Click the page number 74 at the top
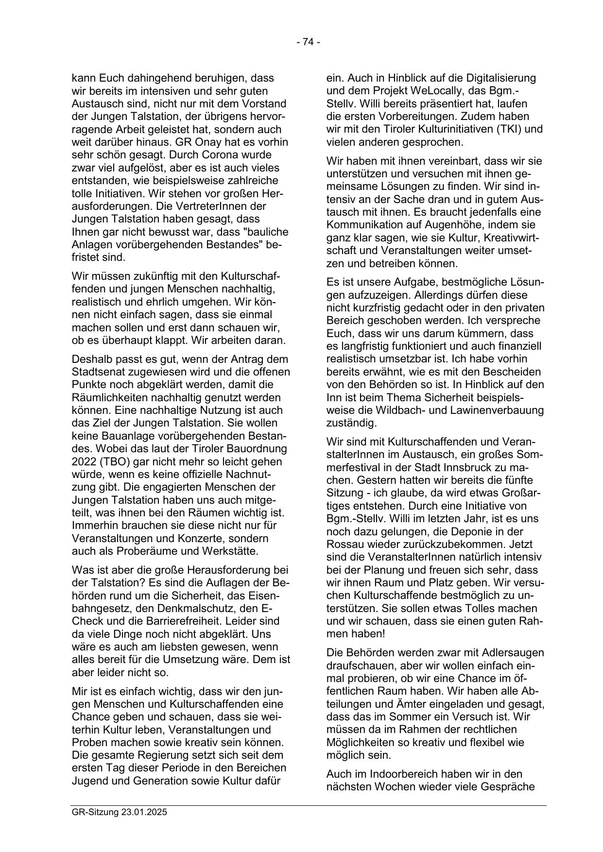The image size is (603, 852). [x=308, y=42]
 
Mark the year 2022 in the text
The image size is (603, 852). [x=82, y=461]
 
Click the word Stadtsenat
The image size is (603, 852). [x=99, y=372]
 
